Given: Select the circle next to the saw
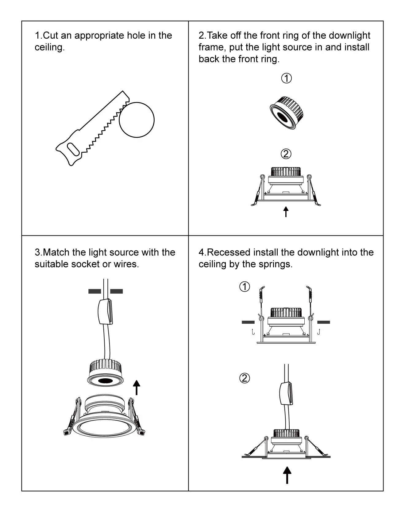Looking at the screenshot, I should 137,120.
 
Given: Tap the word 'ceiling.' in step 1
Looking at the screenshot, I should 50,48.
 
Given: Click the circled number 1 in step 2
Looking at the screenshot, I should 286,78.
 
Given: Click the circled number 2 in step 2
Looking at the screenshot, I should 286,154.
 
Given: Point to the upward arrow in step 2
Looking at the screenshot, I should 286,212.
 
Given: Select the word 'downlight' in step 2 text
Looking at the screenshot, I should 349,36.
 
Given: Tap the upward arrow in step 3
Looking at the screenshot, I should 137,388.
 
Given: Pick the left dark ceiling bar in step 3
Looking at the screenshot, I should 94,291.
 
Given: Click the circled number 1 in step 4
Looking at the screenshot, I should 245,287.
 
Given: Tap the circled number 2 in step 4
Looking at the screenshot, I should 245,378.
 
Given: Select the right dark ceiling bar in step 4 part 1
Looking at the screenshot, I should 323,322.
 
